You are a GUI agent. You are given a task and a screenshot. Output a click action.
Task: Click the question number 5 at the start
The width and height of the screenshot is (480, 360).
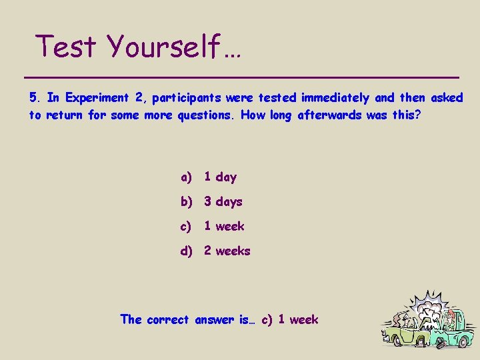point(35,98)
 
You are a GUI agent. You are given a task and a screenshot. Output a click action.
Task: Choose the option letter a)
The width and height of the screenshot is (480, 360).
point(186,177)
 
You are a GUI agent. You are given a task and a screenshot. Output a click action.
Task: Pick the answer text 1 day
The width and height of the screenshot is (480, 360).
point(220,177)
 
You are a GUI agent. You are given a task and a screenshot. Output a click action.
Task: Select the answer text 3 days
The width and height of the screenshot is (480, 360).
point(223,202)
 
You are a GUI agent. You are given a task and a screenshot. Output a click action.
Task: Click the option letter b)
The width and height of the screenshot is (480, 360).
point(186,202)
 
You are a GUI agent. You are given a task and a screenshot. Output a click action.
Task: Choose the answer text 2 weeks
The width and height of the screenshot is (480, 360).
point(227,251)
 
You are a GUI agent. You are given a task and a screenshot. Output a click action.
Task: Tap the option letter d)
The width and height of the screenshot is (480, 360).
point(186,251)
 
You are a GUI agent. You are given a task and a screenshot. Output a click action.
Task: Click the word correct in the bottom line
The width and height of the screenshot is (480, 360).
point(169,320)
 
